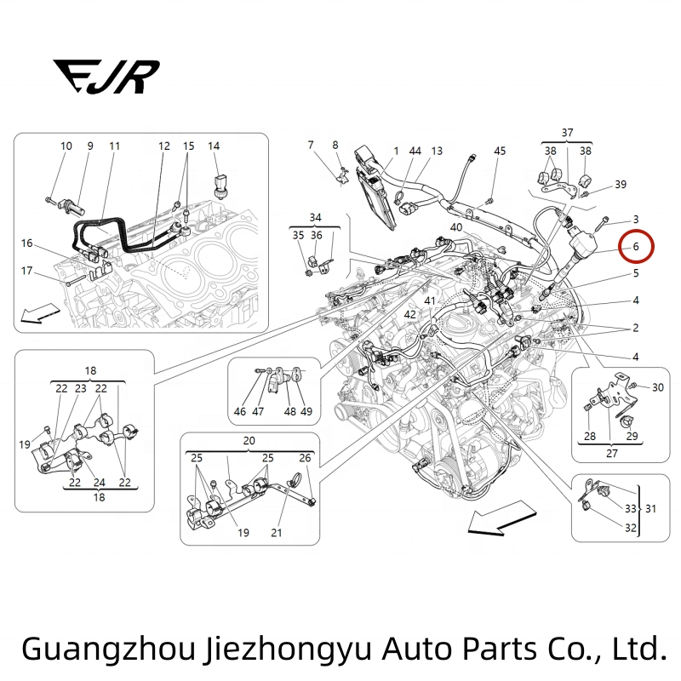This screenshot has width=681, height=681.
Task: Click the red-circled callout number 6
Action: tap(635, 247)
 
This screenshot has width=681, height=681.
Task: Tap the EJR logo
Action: tap(106, 76)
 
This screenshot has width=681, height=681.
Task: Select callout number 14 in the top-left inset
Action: tap(214, 146)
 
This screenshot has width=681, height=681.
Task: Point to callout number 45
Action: tap(500, 151)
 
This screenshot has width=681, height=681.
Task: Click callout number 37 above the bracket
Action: tap(567, 132)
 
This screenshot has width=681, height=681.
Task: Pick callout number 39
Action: tap(621, 185)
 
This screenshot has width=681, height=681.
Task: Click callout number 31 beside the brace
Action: tap(651, 508)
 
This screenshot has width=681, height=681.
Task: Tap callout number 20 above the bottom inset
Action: tap(249, 441)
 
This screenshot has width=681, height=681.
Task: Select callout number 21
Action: tap(276, 533)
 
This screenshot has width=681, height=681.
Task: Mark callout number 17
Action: tap(27, 272)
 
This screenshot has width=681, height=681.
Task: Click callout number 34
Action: tap(315, 217)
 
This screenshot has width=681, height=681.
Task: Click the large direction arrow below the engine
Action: tap(501, 518)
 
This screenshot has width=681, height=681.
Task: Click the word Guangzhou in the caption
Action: tap(110, 649)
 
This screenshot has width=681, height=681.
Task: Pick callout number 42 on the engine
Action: tap(410, 314)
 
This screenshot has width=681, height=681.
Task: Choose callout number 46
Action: tap(240, 412)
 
